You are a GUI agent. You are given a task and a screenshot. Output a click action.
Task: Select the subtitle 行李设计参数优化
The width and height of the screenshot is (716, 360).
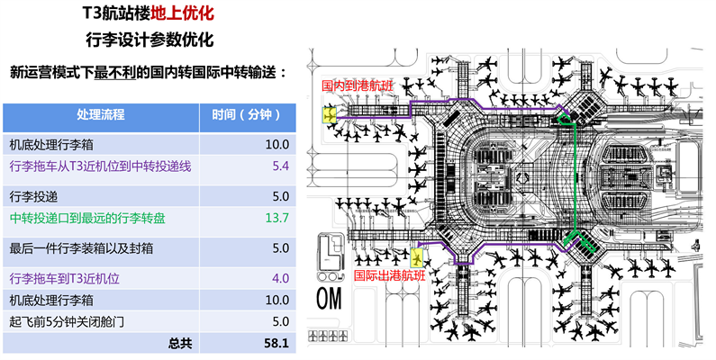click(149, 41)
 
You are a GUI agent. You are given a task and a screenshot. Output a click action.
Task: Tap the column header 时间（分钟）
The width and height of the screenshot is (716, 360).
click(247, 115)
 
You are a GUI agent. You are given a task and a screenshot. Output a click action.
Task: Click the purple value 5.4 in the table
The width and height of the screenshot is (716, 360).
click(278, 166)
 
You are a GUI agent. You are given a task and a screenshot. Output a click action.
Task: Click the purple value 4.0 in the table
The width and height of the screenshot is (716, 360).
click(278, 279)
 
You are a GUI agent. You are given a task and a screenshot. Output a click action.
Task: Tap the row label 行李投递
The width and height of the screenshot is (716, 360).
click(33, 195)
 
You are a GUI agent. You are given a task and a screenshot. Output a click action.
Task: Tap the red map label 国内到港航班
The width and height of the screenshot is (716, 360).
click(358, 86)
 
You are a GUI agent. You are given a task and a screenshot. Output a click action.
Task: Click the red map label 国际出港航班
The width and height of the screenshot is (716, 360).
click(389, 275)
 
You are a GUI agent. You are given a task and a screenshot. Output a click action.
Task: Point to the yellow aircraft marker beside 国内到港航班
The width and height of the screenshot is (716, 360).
click(331, 114)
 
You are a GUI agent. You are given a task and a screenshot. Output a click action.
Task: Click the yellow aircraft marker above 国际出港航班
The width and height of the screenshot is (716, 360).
click(416, 258)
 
